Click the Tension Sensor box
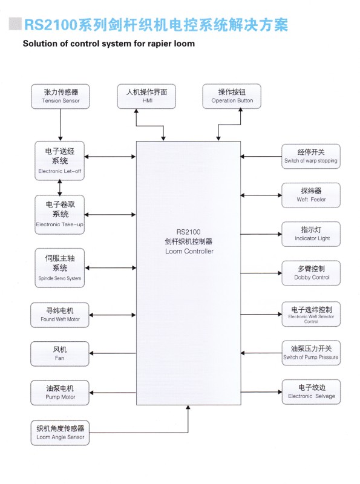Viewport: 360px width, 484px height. [61, 96]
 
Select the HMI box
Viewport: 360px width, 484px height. [146, 96]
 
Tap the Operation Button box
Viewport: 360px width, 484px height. [232, 96]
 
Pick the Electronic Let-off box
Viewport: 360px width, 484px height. [59, 161]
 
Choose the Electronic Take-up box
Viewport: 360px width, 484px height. [59, 215]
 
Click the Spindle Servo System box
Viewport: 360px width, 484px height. [59, 268]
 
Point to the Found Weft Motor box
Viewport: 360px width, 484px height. [59, 315]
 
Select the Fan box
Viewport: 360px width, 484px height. [59, 354]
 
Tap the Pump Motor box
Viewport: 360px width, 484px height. [59, 393]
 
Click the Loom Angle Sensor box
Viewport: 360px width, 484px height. [59, 433]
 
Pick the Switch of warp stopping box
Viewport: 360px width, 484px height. [311, 156]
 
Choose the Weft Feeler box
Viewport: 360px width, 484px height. [311, 195]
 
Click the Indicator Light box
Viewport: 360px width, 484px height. [311, 234]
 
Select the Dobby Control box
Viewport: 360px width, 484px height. [311, 273]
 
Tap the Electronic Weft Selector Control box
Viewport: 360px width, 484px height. [311, 314]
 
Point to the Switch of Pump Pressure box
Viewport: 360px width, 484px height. [311, 353]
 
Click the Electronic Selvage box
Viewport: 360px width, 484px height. [311, 391]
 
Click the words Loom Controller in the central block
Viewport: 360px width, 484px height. [189, 251]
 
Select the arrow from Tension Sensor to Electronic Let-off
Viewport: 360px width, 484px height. [61, 125]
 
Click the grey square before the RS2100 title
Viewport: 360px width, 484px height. [16, 24]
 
